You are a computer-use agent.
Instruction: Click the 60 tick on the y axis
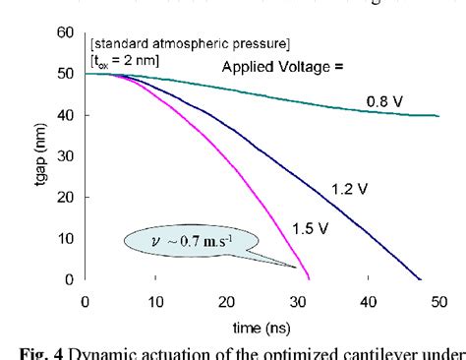[66, 32]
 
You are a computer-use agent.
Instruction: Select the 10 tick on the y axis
[66, 238]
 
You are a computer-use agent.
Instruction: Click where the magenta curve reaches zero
[311, 278]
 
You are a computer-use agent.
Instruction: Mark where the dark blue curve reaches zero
[421, 278]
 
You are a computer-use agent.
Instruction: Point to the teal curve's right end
[437, 115]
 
